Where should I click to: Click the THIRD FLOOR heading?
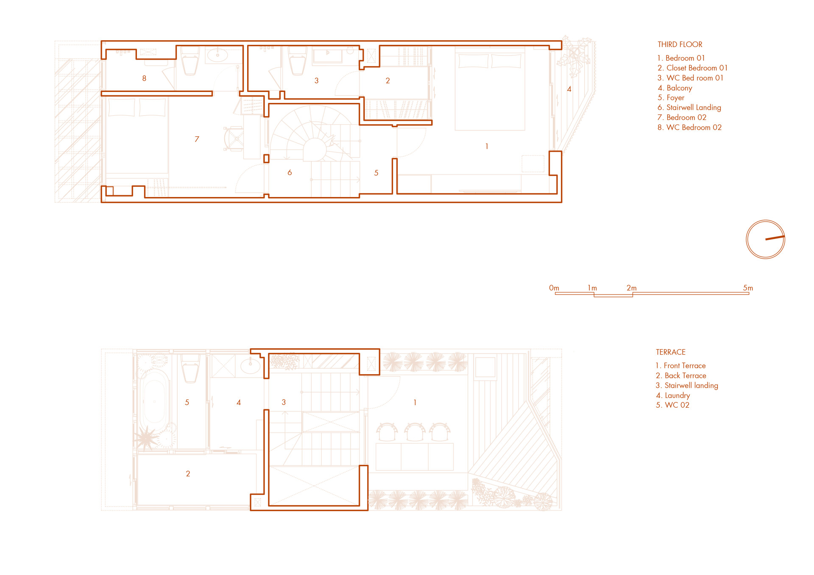pyautogui.click(x=680, y=44)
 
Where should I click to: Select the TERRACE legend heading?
pyautogui.click(x=670, y=352)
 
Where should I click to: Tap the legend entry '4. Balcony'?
pyautogui.click(x=675, y=88)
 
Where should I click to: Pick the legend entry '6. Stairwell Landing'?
pyautogui.click(x=689, y=108)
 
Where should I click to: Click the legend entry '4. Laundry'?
pyautogui.click(x=673, y=395)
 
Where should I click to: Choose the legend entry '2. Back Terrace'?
pyautogui.click(x=681, y=375)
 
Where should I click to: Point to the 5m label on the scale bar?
pyautogui.click(x=748, y=288)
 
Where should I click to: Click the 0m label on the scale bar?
pyautogui.click(x=554, y=288)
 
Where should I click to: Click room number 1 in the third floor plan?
pyautogui.click(x=487, y=146)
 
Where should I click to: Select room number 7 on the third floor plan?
pyautogui.click(x=197, y=139)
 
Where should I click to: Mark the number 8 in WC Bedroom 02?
pyautogui.click(x=144, y=78)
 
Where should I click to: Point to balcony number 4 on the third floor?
pyautogui.click(x=569, y=89)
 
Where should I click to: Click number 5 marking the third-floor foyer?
pyautogui.click(x=376, y=173)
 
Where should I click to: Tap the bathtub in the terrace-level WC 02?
pyautogui.click(x=155, y=400)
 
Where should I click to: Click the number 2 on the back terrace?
pyautogui.click(x=188, y=474)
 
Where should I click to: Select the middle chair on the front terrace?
pyautogui.click(x=415, y=432)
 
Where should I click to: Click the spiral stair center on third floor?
pyautogui.click(x=314, y=150)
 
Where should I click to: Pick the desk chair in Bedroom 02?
pyautogui.click(x=234, y=139)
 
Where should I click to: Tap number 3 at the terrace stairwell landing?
pyautogui.click(x=284, y=402)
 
